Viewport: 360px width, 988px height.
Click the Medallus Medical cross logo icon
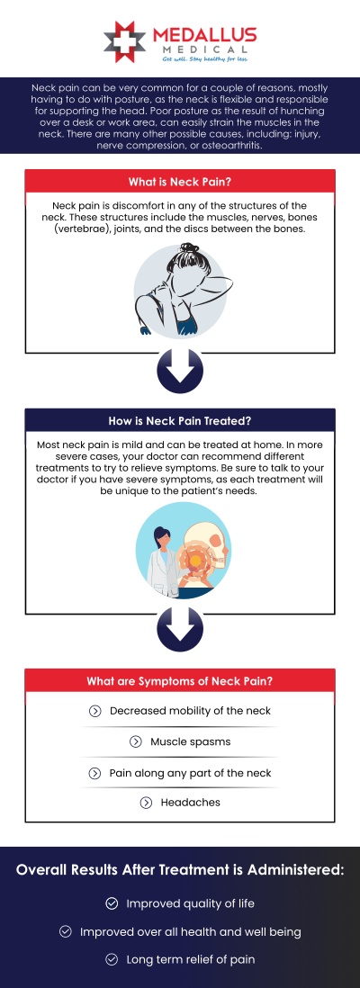[x=123, y=41]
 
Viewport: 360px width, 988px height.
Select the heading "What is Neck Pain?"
[x=180, y=181]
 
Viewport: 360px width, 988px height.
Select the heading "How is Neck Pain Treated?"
[x=180, y=419]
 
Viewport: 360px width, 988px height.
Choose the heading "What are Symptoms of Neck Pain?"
[x=180, y=680]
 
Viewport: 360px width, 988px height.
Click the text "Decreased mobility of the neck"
[x=190, y=711]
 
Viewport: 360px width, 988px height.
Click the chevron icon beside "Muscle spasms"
[x=136, y=742]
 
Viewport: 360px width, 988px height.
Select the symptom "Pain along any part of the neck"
[x=190, y=773]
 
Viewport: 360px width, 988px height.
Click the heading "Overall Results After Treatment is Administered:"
[x=180, y=870]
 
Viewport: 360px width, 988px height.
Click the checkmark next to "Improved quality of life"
[x=112, y=903]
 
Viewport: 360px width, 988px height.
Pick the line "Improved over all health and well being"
[x=190, y=932]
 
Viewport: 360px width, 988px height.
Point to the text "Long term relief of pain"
[x=190, y=960]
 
